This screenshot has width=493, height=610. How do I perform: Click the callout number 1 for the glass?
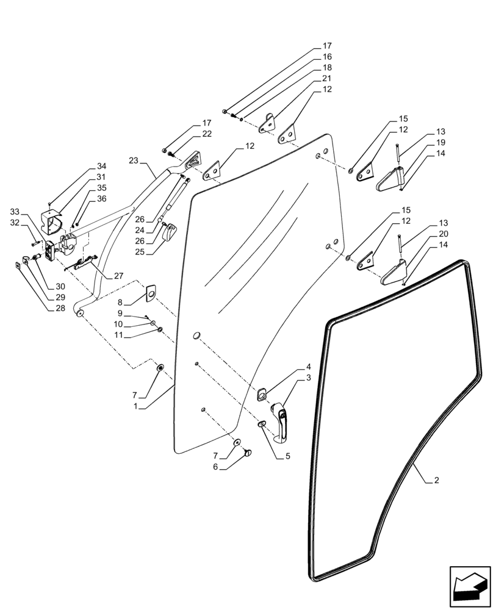[140, 406]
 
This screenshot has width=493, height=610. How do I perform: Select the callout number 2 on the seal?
[436, 481]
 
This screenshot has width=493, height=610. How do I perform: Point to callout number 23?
[134, 160]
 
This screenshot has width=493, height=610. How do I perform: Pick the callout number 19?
[441, 142]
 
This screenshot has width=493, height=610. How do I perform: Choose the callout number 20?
[441, 234]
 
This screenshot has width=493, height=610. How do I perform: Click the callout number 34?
[101, 167]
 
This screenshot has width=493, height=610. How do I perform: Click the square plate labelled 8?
[149, 295]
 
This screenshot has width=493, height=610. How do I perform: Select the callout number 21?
[327, 79]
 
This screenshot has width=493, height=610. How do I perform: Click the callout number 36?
[101, 199]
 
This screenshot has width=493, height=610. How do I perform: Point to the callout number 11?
[120, 335]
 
